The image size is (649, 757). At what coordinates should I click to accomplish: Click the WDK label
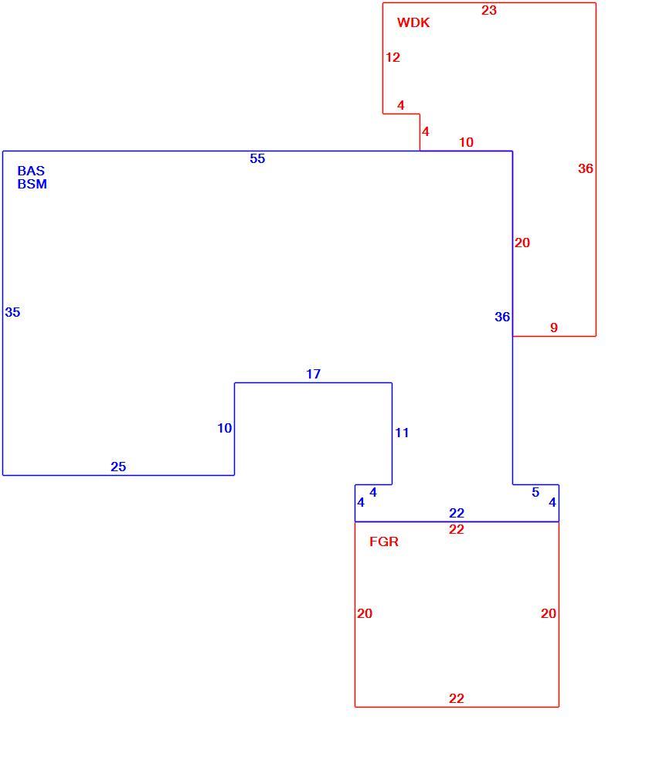(x=413, y=22)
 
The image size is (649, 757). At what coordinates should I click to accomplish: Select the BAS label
(x=31, y=171)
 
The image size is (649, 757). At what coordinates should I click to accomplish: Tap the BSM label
(x=32, y=184)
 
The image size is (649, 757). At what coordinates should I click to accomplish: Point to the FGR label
(x=384, y=541)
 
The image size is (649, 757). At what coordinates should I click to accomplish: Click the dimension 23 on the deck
(x=488, y=10)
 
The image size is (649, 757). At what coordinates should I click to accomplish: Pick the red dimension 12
(x=392, y=57)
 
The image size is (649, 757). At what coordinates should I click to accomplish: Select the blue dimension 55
(x=257, y=158)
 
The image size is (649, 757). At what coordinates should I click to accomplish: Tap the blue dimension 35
(x=12, y=312)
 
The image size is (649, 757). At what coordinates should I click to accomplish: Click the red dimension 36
(x=586, y=168)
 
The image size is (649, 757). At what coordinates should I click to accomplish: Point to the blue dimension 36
(x=502, y=317)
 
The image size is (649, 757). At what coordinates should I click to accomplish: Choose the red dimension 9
(x=554, y=328)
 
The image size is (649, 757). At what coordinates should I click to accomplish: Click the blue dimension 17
(x=314, y=374)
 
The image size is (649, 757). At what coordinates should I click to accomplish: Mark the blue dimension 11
(x=402, y=433)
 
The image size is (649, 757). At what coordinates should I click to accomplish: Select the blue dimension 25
(x=118, y=467)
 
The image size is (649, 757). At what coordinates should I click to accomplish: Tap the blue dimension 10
(x=225, y=428)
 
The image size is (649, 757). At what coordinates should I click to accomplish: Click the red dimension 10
(x=466, y=142)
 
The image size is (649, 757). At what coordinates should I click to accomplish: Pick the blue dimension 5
(x=535, y=492)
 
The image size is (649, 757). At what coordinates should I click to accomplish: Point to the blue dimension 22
(x=457, y=513)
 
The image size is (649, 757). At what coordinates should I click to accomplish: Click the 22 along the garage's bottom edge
(x=457, y=698)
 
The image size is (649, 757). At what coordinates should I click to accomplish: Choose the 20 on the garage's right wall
(x=549, y=613)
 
